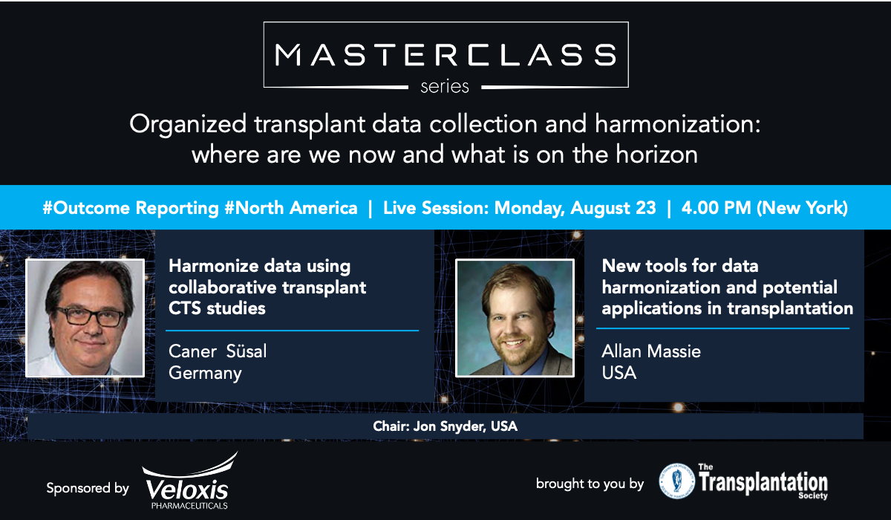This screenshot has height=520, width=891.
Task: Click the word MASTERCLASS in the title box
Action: pos(446,54)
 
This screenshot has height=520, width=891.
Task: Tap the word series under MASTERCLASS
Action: pos(445,87)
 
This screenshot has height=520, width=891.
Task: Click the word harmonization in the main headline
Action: pos(677,124)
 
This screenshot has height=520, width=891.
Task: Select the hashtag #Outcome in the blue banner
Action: pos(86,208)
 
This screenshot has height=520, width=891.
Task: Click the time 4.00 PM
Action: pos(716,208)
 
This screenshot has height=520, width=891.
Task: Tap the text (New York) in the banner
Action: pos(803,208)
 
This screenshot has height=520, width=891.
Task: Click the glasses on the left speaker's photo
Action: pos(91,316)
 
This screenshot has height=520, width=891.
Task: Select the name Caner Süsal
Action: pos(218,351)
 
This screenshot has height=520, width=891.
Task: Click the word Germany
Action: pos(205,373)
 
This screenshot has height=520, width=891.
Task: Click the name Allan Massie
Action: pos(651,351)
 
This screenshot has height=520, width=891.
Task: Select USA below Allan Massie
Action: pos(619,373)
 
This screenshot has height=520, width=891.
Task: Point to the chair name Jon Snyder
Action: pos(448,426)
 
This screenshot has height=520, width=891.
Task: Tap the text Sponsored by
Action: pos(88,488)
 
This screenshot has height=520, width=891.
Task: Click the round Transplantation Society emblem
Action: pos(676,481)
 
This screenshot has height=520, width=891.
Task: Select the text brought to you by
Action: pos(590,484)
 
